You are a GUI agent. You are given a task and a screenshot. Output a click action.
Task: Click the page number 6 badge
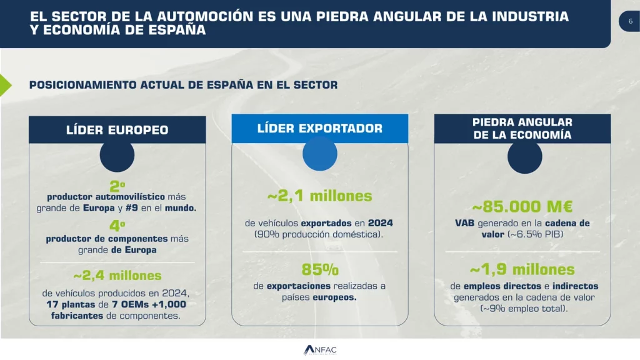tap(630, 21)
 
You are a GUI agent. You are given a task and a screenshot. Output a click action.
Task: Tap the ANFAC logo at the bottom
tap(320, 350)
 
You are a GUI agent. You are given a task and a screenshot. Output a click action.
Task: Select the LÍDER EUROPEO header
tap(117, 130)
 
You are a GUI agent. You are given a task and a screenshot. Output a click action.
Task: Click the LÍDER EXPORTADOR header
tap(320, 128)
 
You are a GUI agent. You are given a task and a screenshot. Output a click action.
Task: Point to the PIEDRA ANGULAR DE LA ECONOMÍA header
tap(522, 128)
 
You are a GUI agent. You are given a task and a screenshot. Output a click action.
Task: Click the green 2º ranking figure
tap(117, 186)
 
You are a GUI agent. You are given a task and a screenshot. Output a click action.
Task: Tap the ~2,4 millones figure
tap(117, 276)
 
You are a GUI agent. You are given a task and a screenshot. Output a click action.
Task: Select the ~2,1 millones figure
tap(320, 196)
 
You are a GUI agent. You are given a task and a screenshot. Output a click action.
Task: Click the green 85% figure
tap(320, 270)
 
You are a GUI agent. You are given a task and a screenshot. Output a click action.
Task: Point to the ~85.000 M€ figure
tap(522, 207)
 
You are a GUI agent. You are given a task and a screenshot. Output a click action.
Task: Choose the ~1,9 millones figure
tap(522, 270)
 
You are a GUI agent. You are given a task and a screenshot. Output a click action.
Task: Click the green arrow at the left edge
tap(5, 84)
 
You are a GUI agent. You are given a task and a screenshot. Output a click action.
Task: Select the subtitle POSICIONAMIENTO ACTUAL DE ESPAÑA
tap(183, 85)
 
